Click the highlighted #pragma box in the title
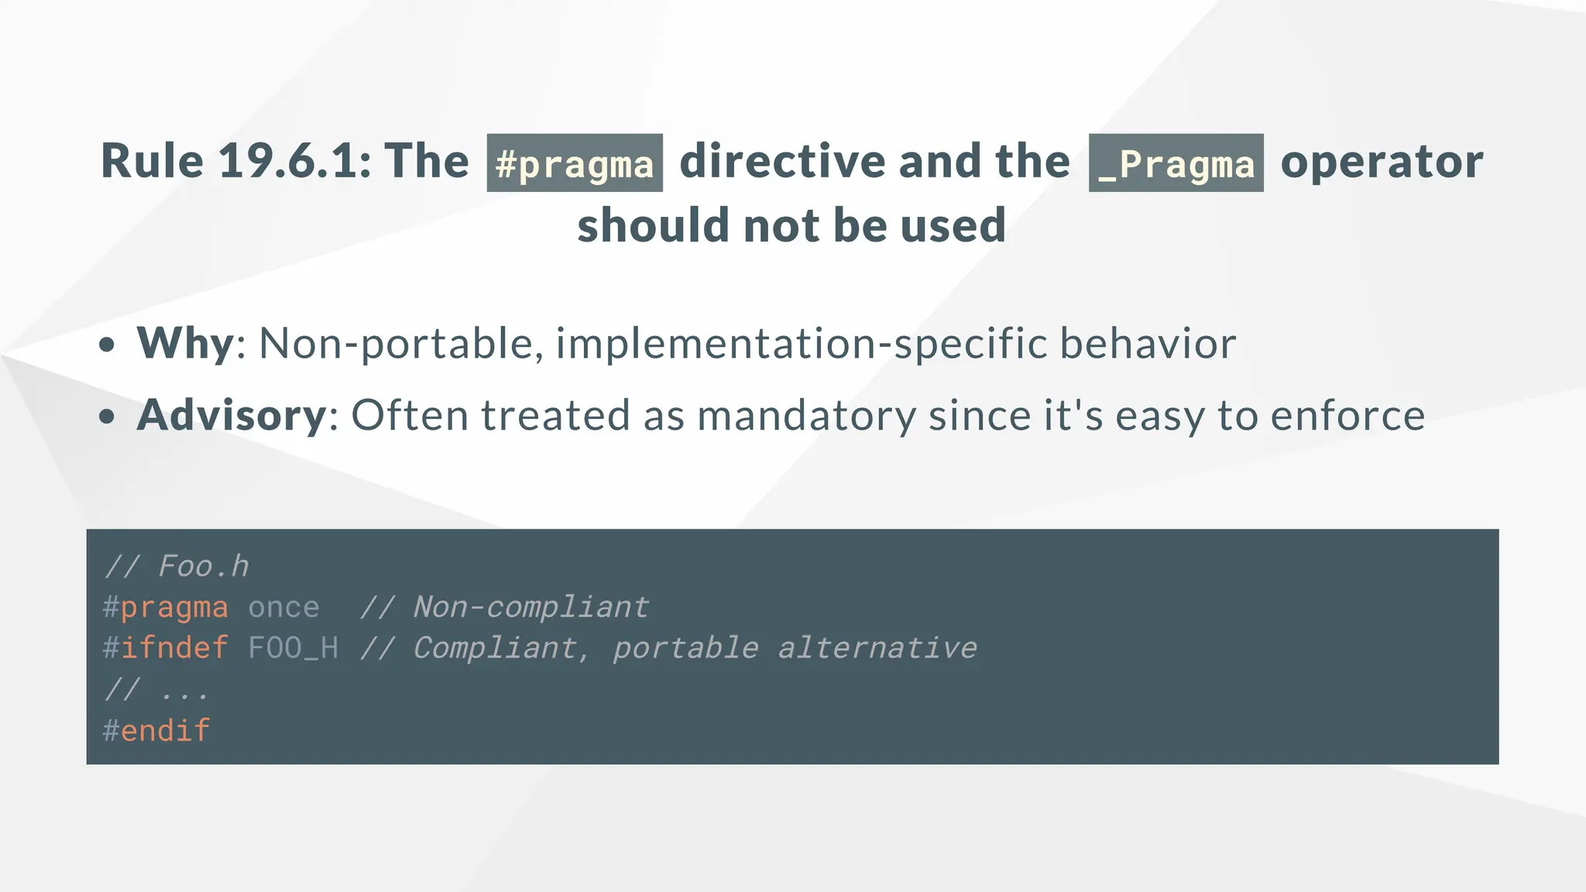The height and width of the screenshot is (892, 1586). (575, 163)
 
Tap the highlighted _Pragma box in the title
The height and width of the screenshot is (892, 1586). (1176, 163)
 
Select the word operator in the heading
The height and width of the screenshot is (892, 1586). (1382, 161)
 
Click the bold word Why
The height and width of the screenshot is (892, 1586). (185, 343)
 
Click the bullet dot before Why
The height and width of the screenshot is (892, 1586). (108, 345)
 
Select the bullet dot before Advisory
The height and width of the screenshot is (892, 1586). (108, 417)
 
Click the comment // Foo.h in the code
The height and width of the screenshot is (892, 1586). (177, 566)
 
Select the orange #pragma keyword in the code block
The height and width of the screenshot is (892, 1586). (166, 607)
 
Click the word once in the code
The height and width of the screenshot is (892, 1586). (283, 607)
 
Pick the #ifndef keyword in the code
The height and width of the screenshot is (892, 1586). (166, 648)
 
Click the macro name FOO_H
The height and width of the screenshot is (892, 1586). (293, 648)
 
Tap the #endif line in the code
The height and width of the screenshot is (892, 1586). (156, 730)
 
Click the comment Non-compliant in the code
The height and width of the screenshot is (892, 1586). (530, 607)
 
